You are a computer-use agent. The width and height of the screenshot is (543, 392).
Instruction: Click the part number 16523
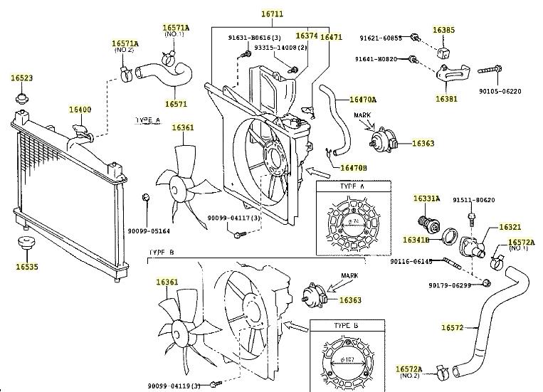[21, 78]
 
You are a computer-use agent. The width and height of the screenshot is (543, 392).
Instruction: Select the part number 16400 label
[80, 110]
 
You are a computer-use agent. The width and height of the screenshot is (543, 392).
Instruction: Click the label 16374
[306, 36]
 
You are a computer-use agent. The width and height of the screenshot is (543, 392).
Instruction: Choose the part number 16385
[444, 31]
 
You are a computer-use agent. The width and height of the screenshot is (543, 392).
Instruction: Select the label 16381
[447, 98]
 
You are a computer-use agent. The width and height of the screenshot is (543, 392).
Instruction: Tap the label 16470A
[363, 100]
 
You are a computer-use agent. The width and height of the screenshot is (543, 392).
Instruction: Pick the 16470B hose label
[353, 168]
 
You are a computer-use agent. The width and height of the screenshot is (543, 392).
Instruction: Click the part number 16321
[510, 227]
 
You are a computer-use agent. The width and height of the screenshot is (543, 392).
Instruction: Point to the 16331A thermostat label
[427, 198]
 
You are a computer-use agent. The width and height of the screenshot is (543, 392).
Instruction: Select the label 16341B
[416, 240]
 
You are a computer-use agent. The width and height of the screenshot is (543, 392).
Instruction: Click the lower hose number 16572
[453, 327]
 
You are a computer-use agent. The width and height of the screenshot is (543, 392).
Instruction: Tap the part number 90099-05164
[149, 231]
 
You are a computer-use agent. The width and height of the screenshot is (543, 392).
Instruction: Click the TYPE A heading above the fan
[147, 122]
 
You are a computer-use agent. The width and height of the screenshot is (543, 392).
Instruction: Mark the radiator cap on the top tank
[80, 132]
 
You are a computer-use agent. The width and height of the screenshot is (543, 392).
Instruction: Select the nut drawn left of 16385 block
[413, 36]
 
